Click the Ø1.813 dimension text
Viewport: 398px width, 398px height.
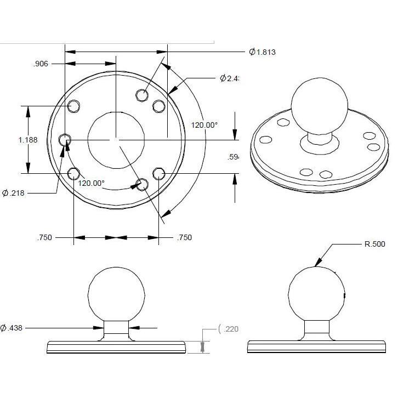261,52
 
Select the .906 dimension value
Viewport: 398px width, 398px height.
41,64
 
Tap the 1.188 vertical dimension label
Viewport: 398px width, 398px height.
28,140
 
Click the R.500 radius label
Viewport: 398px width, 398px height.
375,244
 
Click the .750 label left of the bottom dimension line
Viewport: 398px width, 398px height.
45,238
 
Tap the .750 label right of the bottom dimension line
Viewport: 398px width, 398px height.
185,238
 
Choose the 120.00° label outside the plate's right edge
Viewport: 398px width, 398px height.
204,125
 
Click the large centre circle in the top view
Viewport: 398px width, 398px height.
115,139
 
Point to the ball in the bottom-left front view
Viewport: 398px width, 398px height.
117,294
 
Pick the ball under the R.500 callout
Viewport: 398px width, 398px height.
316,294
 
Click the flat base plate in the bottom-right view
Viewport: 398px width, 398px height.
316,346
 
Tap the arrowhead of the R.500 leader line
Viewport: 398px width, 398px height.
317,265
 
